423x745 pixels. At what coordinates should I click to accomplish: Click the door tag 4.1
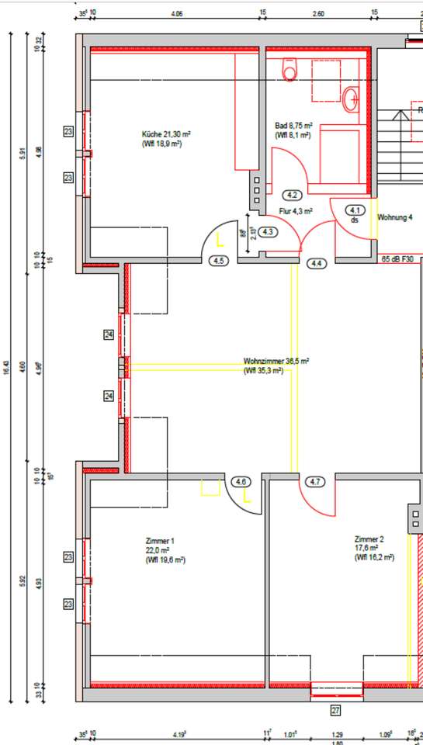[x=356, y=210]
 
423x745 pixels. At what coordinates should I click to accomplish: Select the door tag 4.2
[x=293, y=195]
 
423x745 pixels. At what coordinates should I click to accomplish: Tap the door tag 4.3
[x=269, y=231]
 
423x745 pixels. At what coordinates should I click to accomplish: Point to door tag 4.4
[x=317, y=264]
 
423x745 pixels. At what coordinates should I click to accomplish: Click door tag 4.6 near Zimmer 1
[x=241, y=482]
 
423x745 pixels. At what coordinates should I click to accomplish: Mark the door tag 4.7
[x=315, y=482]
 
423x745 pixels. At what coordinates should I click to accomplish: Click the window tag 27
[x=336, y=710]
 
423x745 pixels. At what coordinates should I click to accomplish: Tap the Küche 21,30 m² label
[x=166, y=133]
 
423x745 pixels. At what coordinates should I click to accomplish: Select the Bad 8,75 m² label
[x=293, y=125]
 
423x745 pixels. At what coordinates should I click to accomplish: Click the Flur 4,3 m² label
[x=295, y=210]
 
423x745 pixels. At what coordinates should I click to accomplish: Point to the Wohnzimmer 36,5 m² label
[x=276, y=361]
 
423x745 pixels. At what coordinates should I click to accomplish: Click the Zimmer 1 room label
[x=160, y=540]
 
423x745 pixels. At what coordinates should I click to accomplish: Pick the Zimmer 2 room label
[x=369, y=539]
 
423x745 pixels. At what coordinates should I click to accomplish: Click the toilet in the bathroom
[x=290, y=71]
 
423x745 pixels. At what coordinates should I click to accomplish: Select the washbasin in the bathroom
[x=351, y=98]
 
